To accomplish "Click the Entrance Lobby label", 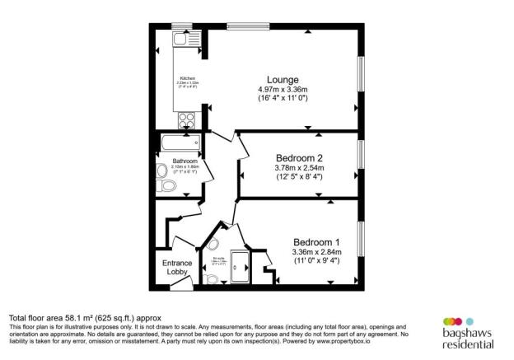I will [x=175, y=267].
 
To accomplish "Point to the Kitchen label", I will [x=188, y=78].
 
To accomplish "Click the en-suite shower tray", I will [x=242, y=263].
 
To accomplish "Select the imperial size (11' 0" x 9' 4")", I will [x=315, y=261].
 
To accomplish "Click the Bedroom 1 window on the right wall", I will [x=360, y=240].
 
